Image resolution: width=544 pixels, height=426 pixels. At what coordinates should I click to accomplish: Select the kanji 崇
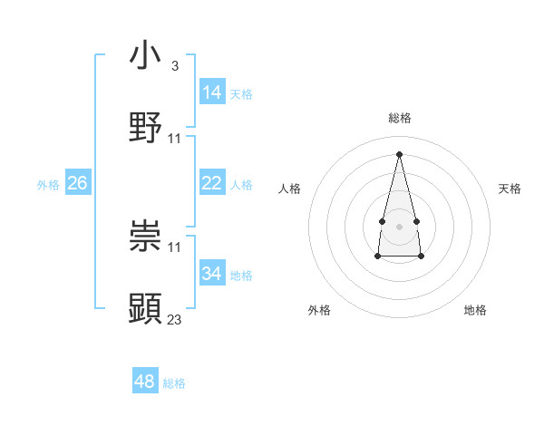[146, 237]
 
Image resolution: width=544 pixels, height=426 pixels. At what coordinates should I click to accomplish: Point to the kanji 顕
[146, 309]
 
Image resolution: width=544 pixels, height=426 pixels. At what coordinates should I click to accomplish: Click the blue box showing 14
[212, 92]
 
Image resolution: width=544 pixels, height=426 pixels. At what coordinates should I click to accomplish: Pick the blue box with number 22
[212, 184]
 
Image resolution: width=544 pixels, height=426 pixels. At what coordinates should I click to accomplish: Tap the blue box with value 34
[212, 273]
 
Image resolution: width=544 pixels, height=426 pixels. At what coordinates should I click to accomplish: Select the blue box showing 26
[77, 183]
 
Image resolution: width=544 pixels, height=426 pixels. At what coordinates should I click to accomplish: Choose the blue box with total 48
[145, 382]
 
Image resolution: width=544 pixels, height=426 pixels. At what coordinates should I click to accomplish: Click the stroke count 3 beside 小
[174, 66]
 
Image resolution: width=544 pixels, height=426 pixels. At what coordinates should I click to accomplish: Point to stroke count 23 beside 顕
[175, 319]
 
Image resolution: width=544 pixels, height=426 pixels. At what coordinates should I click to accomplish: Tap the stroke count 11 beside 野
[175, 138]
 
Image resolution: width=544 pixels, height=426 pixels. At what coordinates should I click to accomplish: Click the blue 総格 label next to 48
[174, 383]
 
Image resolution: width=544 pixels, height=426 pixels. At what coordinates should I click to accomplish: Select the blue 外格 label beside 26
[48, 185]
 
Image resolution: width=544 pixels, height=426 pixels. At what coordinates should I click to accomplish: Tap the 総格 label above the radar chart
[400, 118]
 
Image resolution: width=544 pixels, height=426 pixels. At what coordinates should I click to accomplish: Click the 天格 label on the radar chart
[510, 189]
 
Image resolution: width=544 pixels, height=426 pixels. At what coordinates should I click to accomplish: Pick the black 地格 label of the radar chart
[475, 310]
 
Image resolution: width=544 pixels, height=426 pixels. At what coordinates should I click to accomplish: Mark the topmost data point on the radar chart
[399, 153]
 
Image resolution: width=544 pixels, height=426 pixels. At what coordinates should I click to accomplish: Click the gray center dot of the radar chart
[399, 226]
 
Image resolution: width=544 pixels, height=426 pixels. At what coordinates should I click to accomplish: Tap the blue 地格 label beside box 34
[241, 275]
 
